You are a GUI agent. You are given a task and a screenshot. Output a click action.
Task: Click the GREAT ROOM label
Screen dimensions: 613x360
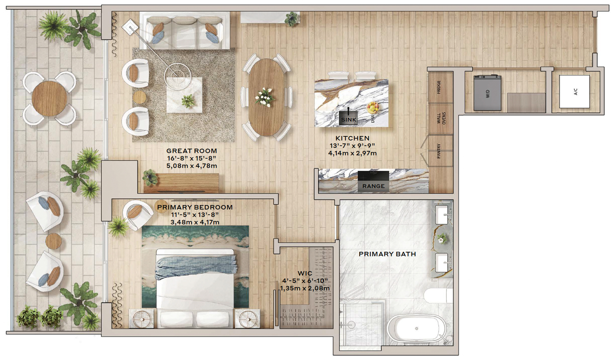[x=192, y=151]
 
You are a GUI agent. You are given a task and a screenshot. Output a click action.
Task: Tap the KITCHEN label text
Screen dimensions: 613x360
[x=352, y=138]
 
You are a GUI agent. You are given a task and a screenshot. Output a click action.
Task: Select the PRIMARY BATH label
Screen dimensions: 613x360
[x=387, y=254]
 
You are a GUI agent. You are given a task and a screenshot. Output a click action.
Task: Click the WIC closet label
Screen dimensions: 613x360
[x=305, y=273]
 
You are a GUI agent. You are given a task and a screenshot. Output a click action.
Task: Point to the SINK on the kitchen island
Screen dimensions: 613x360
[x=348, y=118]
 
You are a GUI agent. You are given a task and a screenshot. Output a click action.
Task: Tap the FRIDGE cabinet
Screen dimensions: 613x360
[x=440, y=87]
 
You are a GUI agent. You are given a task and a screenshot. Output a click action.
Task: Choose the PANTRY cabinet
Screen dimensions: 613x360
[x=440, y=151]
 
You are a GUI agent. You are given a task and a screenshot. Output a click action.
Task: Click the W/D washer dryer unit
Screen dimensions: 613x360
[x=488, y=93]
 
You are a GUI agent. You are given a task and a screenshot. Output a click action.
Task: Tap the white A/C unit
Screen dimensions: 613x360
[x=574, y=92]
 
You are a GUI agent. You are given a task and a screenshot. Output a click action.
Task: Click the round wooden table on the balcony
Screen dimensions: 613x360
[x=49, y=98]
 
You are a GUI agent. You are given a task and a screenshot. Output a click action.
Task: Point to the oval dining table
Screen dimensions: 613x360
[x=266, y=97]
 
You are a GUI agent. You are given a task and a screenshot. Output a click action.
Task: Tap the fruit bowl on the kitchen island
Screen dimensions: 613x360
[x=373, y=107]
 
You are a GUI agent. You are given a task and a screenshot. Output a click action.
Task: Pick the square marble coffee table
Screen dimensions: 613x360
[x=184, y=95]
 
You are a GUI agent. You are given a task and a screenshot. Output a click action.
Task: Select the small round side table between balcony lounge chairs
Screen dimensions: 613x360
[x=54, y=241]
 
